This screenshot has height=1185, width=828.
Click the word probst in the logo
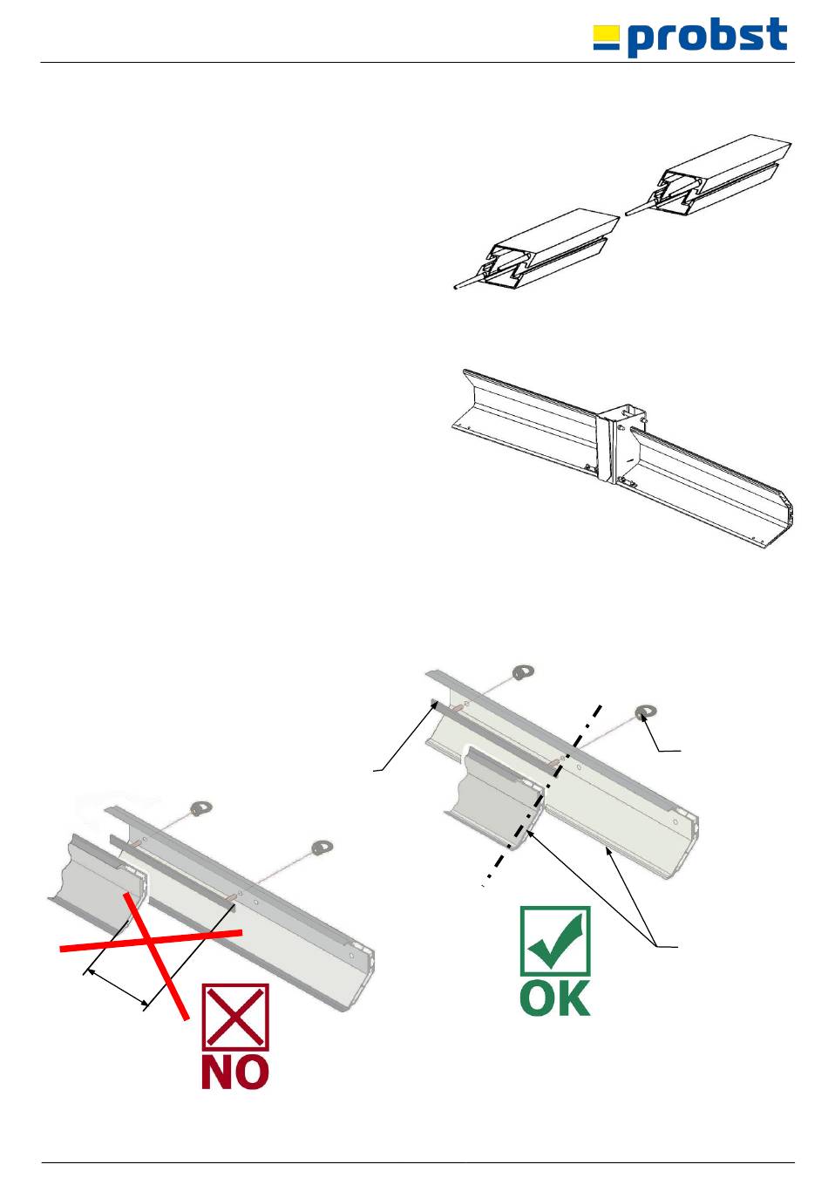click(708, 37)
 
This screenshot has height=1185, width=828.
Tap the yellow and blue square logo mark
click(606, 37)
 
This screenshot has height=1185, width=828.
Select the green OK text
click(555, 998)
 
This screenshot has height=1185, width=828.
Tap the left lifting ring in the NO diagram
click(201, 808)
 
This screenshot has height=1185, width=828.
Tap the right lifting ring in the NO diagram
click(322, 847)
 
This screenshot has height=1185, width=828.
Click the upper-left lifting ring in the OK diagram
click(523, 673)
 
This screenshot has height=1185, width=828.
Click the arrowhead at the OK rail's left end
click(435, 705)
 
